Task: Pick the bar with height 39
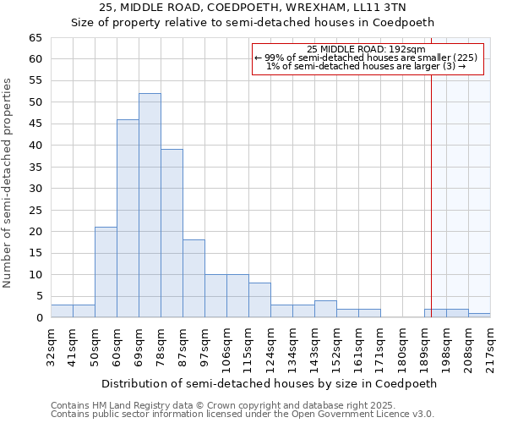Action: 172,233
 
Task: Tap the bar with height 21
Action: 106,272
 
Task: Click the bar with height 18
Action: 194,278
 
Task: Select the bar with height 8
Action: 259,300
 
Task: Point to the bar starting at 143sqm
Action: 325,309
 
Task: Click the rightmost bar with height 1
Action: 479,316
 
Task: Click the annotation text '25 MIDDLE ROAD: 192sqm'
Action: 366,49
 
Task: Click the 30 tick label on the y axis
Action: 35,189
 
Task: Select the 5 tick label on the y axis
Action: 38,296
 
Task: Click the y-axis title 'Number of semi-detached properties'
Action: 8,183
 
